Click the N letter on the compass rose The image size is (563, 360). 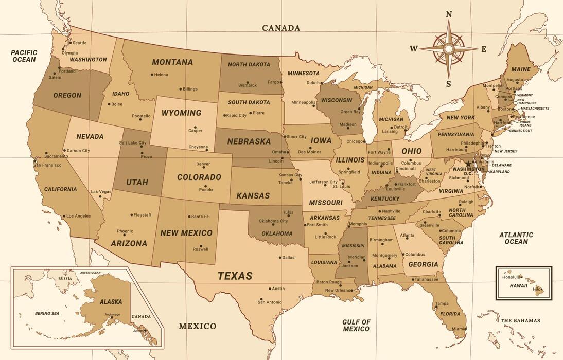click(x=449, y=14)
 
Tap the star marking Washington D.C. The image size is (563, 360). click(x=468, y=164)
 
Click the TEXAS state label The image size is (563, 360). click(x=235, y=276)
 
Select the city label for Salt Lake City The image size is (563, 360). click(x=133, y=143)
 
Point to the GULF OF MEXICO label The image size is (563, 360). click(x=356, y=326)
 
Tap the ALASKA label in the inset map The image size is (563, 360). click(x=111, y=302)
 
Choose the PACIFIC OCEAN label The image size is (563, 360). click(x=24, y=56)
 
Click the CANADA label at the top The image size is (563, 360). click(x=281, y=28)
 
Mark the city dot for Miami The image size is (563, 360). click(x=466, y=328)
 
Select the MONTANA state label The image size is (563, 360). click(x=172, y=62)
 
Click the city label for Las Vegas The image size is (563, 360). click(x=101, y=192)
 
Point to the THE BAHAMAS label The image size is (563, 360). click(x=520, y=320)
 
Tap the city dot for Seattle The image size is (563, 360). click(x=70, y=43)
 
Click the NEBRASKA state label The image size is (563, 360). click(x=249, y=141)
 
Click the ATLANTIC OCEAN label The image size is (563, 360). click(x=516, y=238)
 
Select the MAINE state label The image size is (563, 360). click(x=521, y=69)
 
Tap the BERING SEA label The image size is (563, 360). click(x=47, y=313)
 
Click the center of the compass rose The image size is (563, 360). click(x=449, y=49)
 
